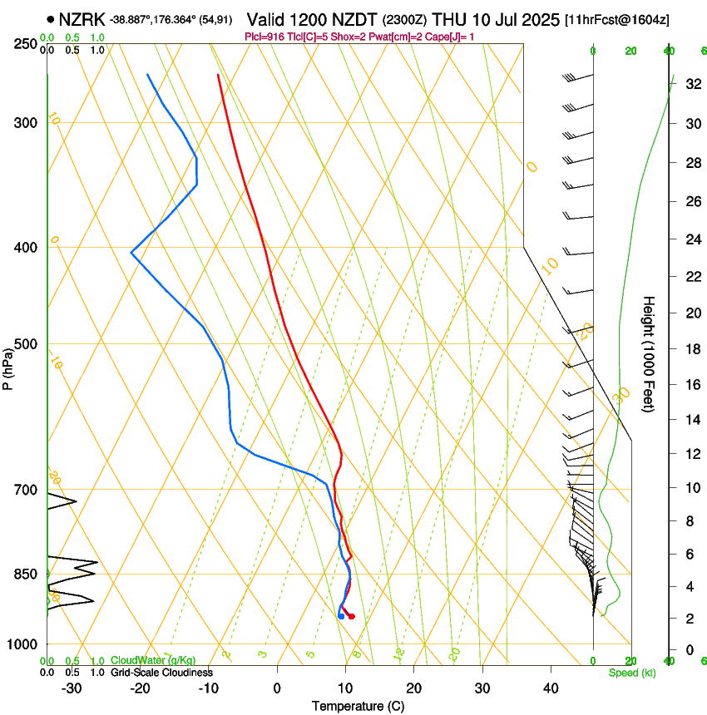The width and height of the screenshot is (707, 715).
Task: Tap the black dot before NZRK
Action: pos(52,18)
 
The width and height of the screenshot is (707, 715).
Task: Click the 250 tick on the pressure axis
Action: pos(26,44)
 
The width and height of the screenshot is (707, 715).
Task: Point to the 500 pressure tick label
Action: pos(26,344)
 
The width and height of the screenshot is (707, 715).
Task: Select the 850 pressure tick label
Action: pos(26,574)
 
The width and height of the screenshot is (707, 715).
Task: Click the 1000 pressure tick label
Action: pos(23,644)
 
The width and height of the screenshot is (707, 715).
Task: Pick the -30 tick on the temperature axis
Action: pos(72,688)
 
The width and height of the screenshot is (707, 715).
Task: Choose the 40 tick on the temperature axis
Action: pos(550,688)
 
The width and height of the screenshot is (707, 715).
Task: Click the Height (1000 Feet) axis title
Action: pos(650,353)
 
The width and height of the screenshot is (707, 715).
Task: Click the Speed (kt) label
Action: pos(631,673)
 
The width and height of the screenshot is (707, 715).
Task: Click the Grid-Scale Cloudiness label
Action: pos(161,672)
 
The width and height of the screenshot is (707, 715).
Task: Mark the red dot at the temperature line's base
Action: pos(352,616)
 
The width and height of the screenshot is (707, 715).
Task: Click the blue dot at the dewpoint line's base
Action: pos(341,616)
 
